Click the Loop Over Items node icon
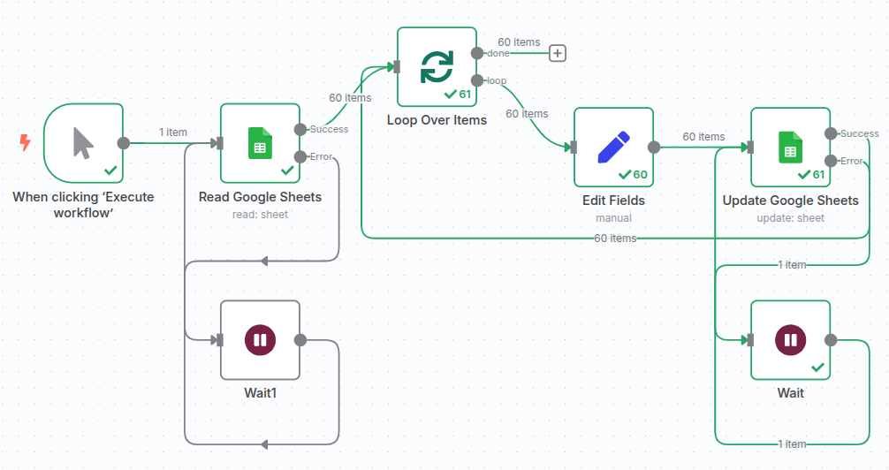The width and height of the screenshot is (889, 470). pyautogui.click(x=437, y=66)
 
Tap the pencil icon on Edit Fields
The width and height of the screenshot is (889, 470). pyautogui.click(x=613, y=148)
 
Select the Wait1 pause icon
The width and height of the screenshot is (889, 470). pyautogui.click(x=260, y=340)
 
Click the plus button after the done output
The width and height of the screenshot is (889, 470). pyautogui.click(x=558, y=53)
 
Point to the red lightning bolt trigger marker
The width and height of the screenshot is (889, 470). pyautogui.click(x=25, y=141)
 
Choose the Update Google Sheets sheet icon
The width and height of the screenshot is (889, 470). pyautogui.click(x=790, y=148)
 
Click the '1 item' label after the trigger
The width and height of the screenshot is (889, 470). pyautogui.click(x=173, y=133)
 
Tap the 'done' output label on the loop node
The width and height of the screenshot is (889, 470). pyautogui.click(x=498, y=53)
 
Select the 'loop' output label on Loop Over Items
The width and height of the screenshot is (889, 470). pyautogui.click(x=497, y=80)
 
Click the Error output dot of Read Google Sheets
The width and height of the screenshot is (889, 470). pyautogui.click(x=300, y=157)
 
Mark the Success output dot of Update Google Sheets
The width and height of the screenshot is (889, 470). pyautogui.click(x=831, y=133)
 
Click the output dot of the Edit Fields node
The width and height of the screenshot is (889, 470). pyautogui.click(x=654, y=148)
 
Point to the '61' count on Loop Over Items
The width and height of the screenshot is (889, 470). pyautogui.click(x=466, y=94)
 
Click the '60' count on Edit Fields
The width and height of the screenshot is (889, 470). pyautogui.click(x=640, y=174)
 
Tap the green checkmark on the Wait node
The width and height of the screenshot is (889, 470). pyautogui.click(x=817, y=367)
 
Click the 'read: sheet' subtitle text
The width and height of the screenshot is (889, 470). pyautogui.click(x=260, y=215)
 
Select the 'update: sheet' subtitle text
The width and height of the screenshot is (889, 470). pyautogui.click(x=790, y=218)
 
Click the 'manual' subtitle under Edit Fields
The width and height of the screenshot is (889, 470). pyautogui.click(x=613, y=218)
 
